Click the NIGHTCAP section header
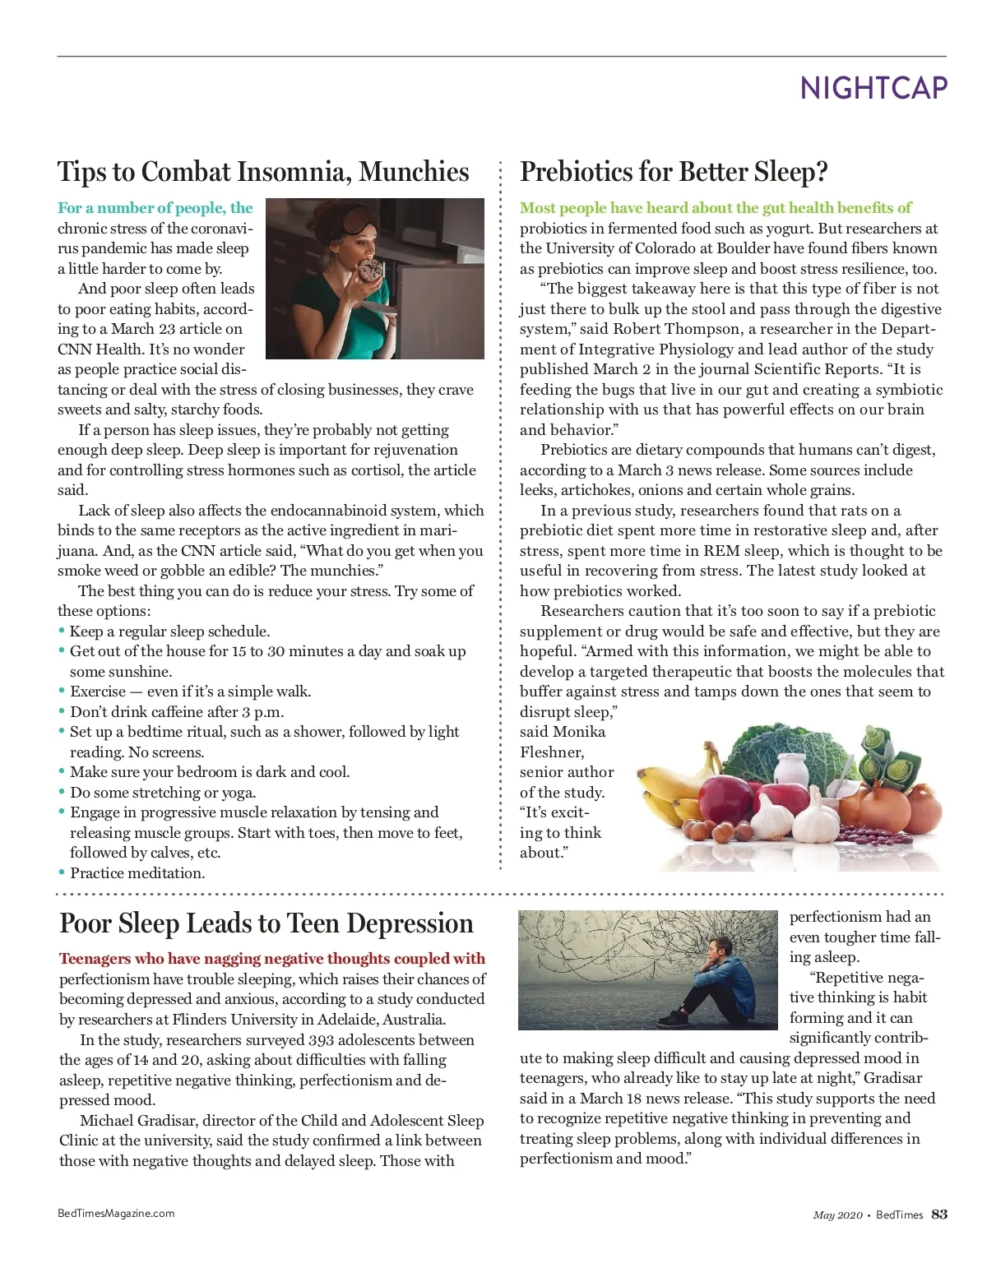coord(873,88)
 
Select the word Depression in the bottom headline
coord(410,923)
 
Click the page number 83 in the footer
coord(938,1215)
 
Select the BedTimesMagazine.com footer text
coord(116,1213)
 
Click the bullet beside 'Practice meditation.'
coord(62,872)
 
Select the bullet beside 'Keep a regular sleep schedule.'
coord(62,631)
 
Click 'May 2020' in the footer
coord(837,1215)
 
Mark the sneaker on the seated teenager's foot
coord(673,1019)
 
